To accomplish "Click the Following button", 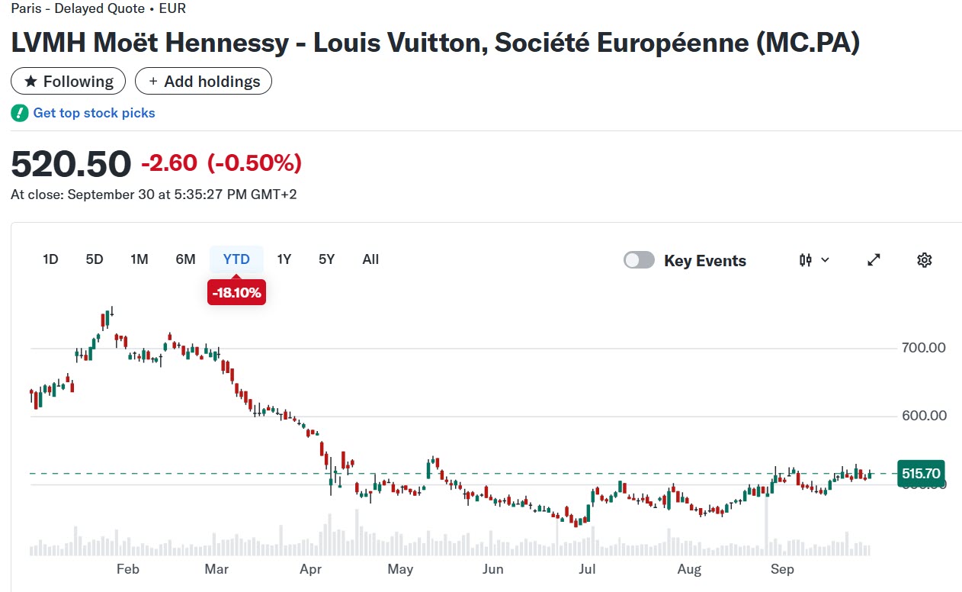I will click(x=68, y=82).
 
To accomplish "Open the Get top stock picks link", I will click(x=94, y=113).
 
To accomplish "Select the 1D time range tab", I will click(x=50, y=259).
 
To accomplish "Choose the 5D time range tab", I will click(x=95, y=259).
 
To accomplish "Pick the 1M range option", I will click(x=139, y=259).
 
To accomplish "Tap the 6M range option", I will click(x=185, y=259).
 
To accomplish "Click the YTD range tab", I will click(x=236, y=259).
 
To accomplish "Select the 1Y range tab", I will click(x=284, y=259).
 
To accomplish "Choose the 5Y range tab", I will click(x=327, y=259).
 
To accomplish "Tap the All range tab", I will click(x=370, y=259).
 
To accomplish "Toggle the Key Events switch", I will click(x=639, y=260).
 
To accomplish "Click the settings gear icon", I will click(x=925, y=260).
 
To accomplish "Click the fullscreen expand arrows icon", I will click(x=874, y=260).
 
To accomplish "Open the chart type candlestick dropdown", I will click(x=814, y=260).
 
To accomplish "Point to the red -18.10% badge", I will click(x=236, y=292).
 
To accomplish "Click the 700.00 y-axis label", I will click(x=923, y=348).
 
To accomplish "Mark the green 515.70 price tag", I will click(x=922, y=473).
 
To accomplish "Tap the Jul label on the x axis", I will click(x=587, y=569).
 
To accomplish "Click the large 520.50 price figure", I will click(x=71, y=164).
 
